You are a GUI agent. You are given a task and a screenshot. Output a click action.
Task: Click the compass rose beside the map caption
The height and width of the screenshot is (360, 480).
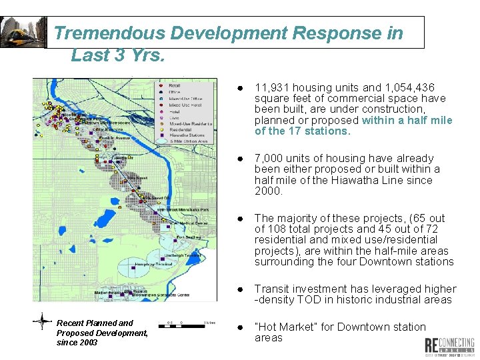tap(42, 322)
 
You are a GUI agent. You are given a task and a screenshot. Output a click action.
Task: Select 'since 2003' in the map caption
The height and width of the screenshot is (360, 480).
tap(77, 343)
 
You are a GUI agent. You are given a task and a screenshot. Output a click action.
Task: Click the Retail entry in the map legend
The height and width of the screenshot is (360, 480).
tap(175, 86)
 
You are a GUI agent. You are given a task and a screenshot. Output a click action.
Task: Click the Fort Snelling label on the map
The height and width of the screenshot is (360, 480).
tap(189, 237)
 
